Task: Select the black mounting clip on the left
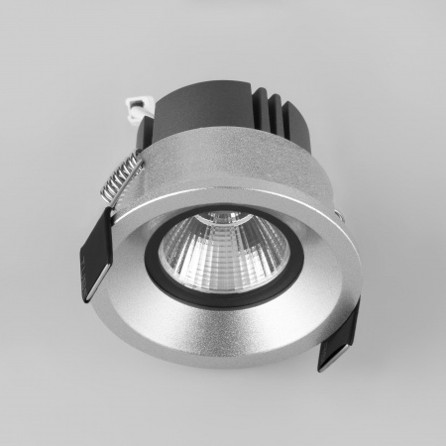[x=94, y=253]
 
